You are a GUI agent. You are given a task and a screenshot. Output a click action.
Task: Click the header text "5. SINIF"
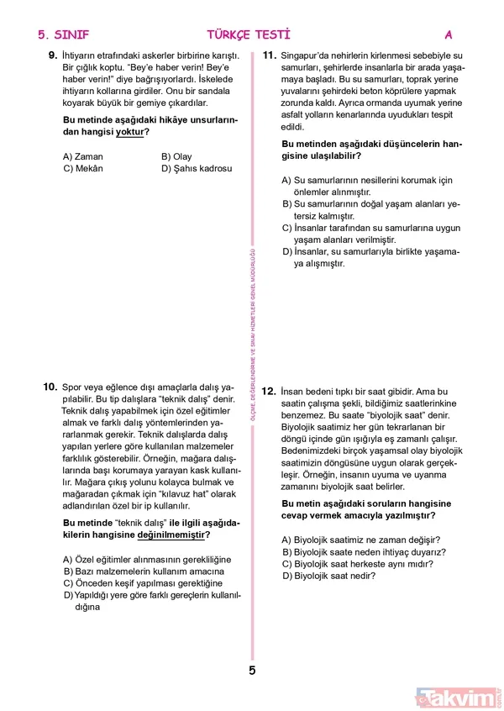(x=64, y=35)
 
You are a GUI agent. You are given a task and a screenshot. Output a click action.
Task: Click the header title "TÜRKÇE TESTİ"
(x=249, y=35)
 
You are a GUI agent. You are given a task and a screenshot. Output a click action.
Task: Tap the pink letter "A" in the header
(x=449, y=35)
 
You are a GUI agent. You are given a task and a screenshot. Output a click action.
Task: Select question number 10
(x=50, y=387)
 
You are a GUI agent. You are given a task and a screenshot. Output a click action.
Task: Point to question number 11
(x=270, y=56)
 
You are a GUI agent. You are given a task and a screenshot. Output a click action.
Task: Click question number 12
(x=270, y=392)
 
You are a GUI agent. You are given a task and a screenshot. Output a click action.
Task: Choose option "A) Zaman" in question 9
(x=83, y=156)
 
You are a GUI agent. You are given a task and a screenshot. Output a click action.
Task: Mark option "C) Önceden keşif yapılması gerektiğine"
(x=143, y=583)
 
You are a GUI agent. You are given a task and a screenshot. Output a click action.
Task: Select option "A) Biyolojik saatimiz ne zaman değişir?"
(x=361, y=540)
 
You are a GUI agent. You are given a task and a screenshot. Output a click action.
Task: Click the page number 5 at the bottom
(x=251, y=670)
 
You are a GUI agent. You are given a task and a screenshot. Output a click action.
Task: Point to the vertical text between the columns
(x=252, y=361)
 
